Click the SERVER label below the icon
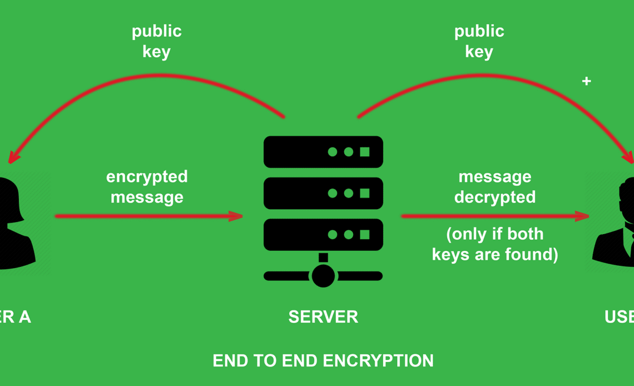[323, 317]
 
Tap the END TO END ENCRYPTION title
[323, 360]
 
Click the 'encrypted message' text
[147, 187]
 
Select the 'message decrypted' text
[495, 187]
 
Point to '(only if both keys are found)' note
[495, 244]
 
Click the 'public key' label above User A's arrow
[156, 41]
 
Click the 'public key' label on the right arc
[479, 41]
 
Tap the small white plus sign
[586, 81]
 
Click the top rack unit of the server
[323, 152]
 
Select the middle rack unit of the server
[323, 193]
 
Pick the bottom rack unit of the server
[323, 235]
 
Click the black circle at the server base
[323, 275]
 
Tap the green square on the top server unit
[365, 152]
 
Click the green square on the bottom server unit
[365, 235]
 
